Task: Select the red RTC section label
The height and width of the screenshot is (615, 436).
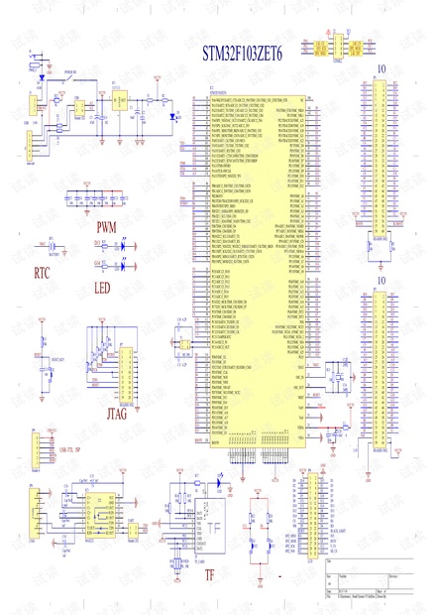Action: (42, 270)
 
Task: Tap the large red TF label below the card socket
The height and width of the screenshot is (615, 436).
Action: (209, 574)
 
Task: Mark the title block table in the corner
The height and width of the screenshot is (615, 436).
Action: (368, 585)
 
